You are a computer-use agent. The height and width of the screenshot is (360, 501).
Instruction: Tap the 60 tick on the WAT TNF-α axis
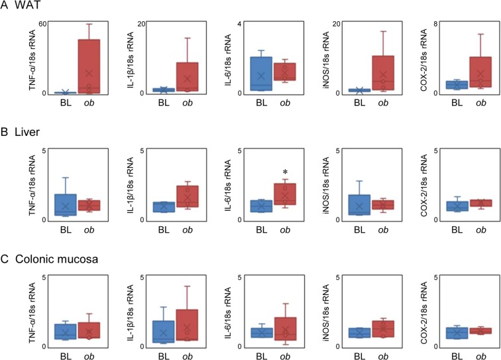pos(42,24)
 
